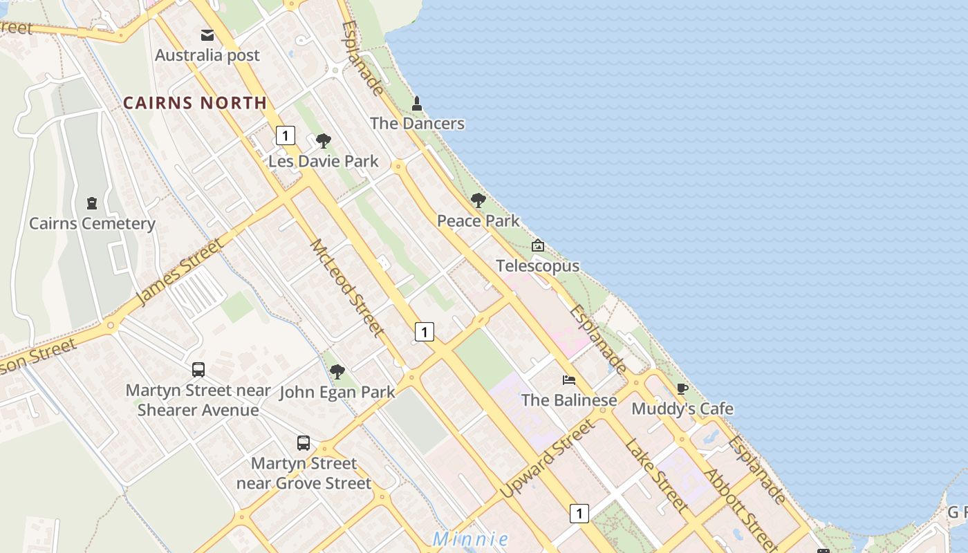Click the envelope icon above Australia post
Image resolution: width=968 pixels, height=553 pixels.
coord(207,35)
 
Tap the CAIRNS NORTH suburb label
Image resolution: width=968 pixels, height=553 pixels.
coord(195,103)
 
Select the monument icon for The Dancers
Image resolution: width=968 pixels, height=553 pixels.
coord(417,104)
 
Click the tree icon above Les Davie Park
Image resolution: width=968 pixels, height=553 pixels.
coord(323,142)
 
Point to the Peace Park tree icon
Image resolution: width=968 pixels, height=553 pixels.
coord(478,201)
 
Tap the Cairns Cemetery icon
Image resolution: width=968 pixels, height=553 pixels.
coord(92,203)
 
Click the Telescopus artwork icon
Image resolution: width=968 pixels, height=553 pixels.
coord(538,245)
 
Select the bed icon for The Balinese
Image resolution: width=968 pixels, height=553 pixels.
coord(569,379)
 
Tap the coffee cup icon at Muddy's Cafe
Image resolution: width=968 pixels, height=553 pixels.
coord(682,388)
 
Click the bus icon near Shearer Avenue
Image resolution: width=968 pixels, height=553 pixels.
coord(198,370)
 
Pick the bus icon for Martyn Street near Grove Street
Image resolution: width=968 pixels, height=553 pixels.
coord(304,443)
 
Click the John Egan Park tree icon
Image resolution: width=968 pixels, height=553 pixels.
coord(337,372)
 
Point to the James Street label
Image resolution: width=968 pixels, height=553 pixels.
coord(180,272)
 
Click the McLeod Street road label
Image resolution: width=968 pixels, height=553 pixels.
coord(347,288)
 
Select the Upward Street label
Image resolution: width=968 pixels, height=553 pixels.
coord(547,458)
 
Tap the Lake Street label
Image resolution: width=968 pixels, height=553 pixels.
coord(657,475)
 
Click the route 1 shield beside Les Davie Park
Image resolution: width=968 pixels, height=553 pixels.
coord(286,135)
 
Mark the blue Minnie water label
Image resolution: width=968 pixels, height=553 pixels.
coord(471,539)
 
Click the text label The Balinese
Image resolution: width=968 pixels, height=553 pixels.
coord(569,400)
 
